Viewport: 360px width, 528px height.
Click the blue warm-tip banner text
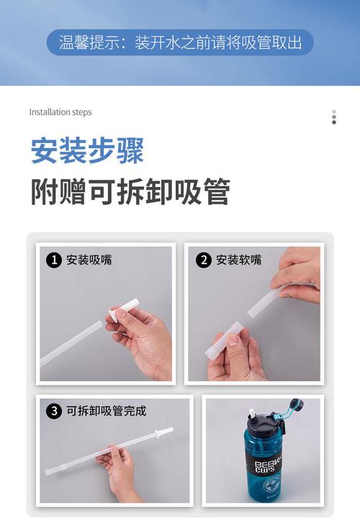[180, 42]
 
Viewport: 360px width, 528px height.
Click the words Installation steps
[60, 112]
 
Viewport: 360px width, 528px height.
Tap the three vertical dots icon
[334, 117]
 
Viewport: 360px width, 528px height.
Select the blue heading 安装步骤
[88, 150]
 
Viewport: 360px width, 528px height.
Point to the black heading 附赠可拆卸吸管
[131, 191]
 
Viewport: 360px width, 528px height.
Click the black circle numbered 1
[54, 260]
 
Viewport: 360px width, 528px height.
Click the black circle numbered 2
[204, 260]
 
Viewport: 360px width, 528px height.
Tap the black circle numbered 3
[54, 411]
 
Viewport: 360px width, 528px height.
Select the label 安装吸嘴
[89, 260]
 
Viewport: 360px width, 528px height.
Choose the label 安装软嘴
[238, 260]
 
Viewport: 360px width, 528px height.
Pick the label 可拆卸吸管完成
[106, 411]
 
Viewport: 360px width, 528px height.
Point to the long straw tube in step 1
[71, 343]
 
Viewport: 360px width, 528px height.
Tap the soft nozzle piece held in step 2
[224, 338]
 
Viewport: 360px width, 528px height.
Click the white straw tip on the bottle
[251, 414]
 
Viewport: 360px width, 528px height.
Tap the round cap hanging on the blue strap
[297, 404]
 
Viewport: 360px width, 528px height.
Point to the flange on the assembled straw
[156, 434]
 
